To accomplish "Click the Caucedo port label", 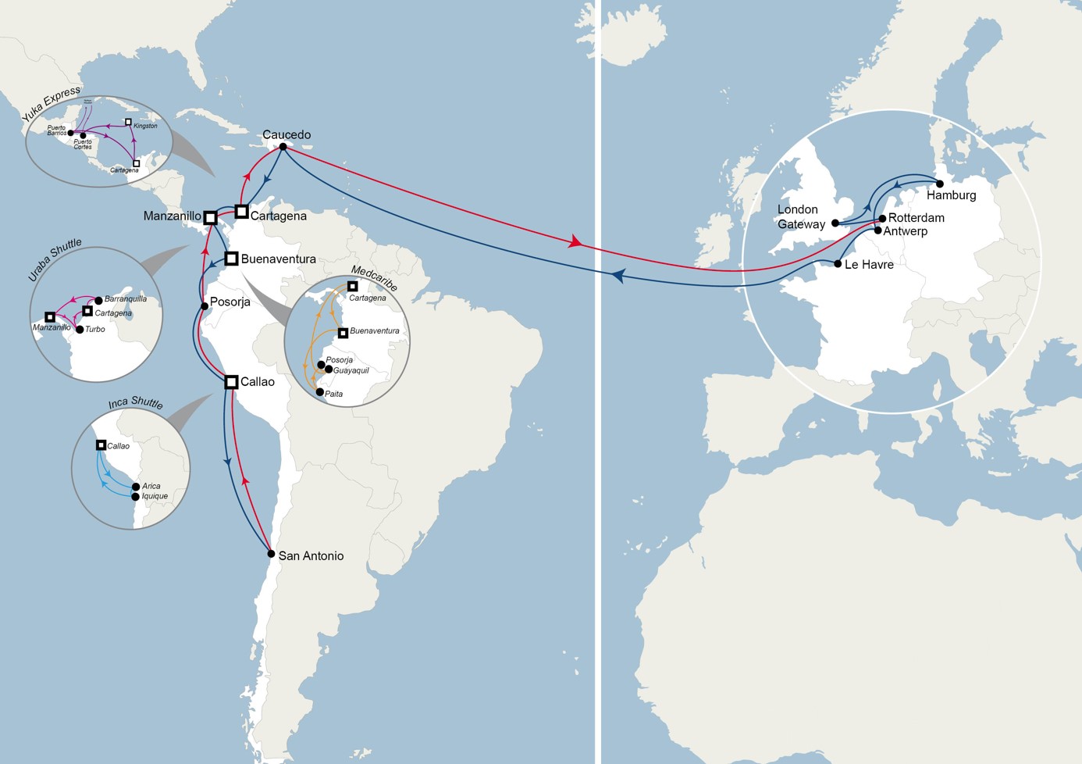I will click(x=287, y=134).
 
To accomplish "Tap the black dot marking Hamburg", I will click(x=940, y=184).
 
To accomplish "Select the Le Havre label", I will click(x=869, y=265).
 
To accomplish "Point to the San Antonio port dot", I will click(x=271, y=554).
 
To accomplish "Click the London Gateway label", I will click(x=801, y=217).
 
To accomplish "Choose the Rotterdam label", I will click(x=916, y=218).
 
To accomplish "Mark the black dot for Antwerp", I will click(x=878, y=230).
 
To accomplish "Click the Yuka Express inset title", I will click(x=51, y=103).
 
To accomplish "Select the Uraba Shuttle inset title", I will click(x=55, y=259).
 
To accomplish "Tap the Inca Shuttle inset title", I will click(x=136, y=402).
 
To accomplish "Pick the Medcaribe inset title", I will click(x=374, y=278).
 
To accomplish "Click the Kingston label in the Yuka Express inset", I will click(x=145, y=126).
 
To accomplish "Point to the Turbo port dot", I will click(x=80, y=330).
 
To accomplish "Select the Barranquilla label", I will click(x=126, y=299).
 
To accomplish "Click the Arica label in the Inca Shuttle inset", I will click(x=151, y=486).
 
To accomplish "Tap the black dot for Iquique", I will click(x=136, y=497).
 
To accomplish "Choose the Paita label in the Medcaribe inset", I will click(x=333, y=394).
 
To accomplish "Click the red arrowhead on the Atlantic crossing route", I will click(x=575, y=242).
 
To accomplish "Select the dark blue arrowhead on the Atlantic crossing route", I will click(x=618, y=276).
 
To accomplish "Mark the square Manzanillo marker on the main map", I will click(x=210, y=218).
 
